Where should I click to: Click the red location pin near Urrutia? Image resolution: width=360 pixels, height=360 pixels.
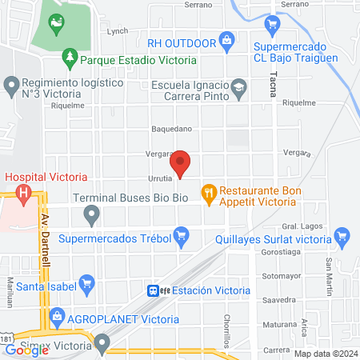(x=182, y=163)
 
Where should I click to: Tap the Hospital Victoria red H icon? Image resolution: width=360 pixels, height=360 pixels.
(x=25, y=194)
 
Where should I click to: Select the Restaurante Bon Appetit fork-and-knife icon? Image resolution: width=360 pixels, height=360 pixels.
(x=208, y=191)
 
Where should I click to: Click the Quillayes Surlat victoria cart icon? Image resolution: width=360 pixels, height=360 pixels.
(x=342, y=236)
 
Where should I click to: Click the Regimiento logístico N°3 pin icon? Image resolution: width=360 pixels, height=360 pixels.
(x=11, y=84)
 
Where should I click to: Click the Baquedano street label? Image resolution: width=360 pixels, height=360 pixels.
(x=171, y=128)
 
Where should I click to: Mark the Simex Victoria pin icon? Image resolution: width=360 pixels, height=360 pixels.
(x=102, y=344)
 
